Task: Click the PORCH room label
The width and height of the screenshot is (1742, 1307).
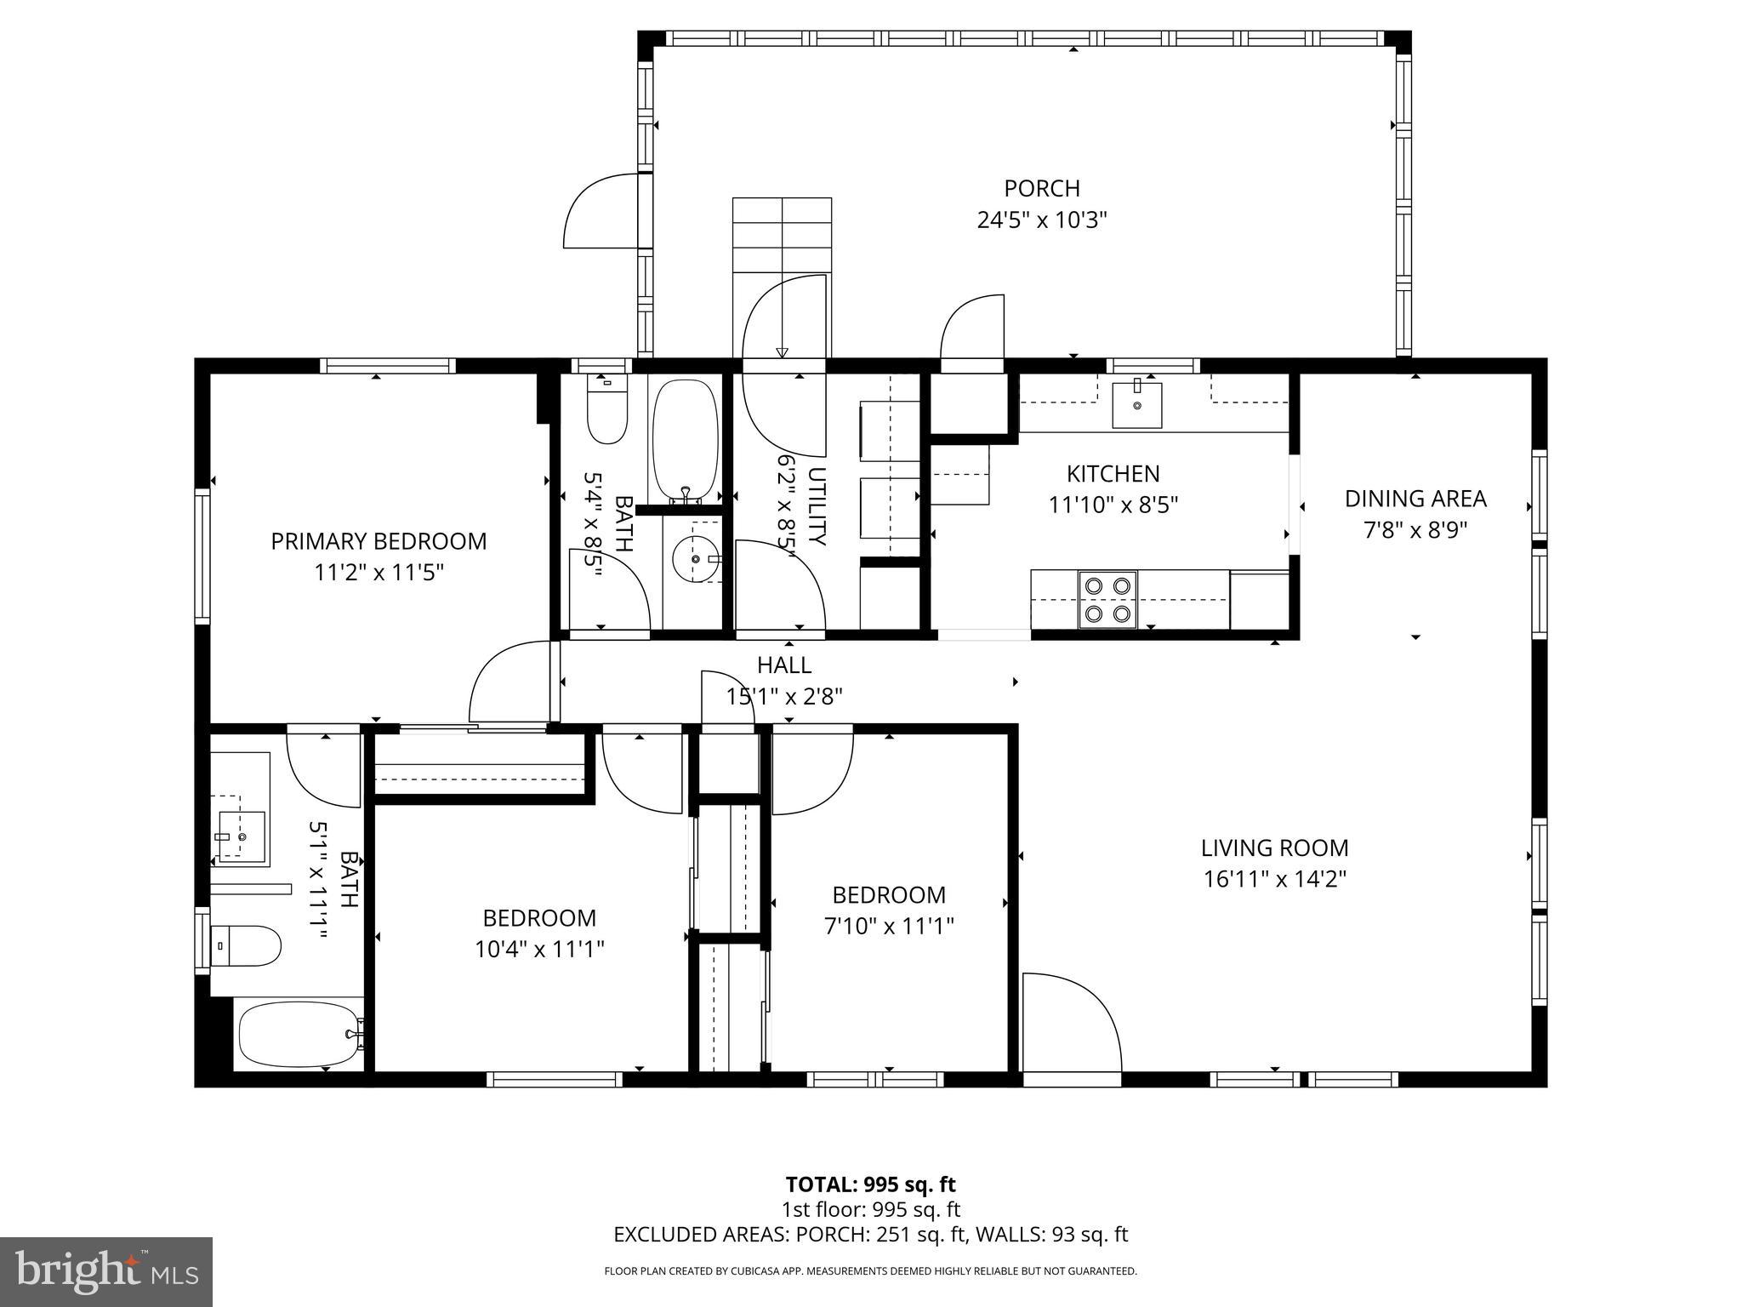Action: coord(1041,188)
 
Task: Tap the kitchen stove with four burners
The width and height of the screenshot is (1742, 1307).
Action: coord(1107,599)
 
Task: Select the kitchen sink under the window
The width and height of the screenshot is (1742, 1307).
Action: coord(1136,406)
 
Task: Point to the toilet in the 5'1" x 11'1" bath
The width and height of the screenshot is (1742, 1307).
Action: coord(246,946)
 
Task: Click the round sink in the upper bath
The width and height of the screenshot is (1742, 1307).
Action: coord(694,559)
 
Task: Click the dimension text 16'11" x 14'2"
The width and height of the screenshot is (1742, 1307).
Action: coord(1274,879)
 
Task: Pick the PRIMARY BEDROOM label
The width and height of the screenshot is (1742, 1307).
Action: coord(379,541)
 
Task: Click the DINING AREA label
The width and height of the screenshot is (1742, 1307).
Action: coord(1415,499)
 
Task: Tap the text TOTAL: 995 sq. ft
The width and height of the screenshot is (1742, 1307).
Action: coord(870,1184)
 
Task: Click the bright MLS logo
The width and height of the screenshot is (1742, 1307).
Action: coord(106,1272)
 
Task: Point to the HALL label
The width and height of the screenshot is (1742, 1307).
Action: coord(784,665)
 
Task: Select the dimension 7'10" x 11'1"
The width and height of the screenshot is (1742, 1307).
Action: coord(889,926)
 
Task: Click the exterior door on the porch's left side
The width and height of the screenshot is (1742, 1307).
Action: coord(602,210)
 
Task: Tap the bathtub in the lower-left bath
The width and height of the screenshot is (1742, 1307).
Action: coord(299,1034)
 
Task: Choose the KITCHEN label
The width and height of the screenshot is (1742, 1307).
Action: coord(1113,473)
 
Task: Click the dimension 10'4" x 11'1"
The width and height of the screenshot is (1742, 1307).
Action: coord(539,949)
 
